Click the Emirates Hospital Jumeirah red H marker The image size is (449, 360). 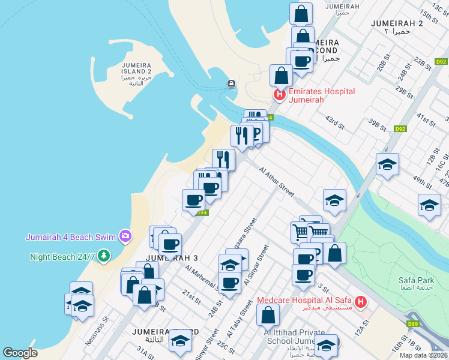pos(279,95)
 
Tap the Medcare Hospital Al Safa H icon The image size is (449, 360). pos(361,302)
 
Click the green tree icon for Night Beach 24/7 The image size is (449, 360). pos(104,256)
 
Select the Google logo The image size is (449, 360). pos(20,353)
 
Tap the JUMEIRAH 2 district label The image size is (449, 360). pos(397,23)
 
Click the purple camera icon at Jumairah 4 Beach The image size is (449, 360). pos(125,236)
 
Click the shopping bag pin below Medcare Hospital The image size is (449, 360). pos(268,314)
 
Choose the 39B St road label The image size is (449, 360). pos(377,124)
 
